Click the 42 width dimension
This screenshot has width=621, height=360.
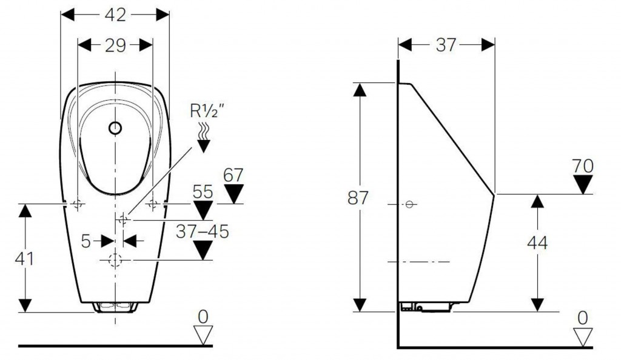point(115,16)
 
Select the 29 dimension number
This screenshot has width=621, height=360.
point(115,45)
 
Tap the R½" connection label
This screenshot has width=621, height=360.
point(206,112)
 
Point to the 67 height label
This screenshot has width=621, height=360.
point(233,176)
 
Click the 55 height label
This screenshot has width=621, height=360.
point(203,193)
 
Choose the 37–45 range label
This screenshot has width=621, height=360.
point(202,232)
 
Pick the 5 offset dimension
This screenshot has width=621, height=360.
point(86,241)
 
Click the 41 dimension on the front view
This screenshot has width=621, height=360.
point(24,258)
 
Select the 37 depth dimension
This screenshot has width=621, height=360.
point(446,45)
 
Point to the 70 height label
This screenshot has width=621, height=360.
point(583,165)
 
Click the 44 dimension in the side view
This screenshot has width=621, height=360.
point(537,242)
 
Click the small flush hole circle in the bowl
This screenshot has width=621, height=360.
point(115,128)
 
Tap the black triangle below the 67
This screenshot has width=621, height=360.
point(233,195)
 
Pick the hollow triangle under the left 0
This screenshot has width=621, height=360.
point(203,335)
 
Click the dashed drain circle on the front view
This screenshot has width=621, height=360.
point(115,261)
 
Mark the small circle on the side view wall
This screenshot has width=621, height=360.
point(409,204)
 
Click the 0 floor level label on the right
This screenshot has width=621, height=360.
point(583,316)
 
